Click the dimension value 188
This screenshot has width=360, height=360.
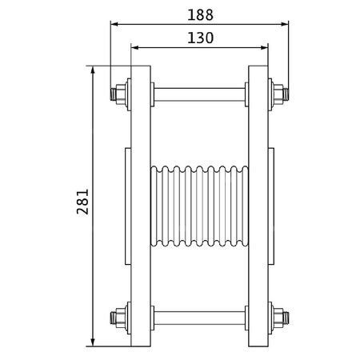tap(199, 14)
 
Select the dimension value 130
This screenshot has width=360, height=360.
tap(199, 38)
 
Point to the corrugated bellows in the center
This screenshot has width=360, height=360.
tap(199, 206)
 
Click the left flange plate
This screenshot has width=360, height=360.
tap(141, 206)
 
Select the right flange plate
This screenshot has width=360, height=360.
tap(258, 206)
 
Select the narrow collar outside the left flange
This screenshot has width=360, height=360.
tap(128, 206)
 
